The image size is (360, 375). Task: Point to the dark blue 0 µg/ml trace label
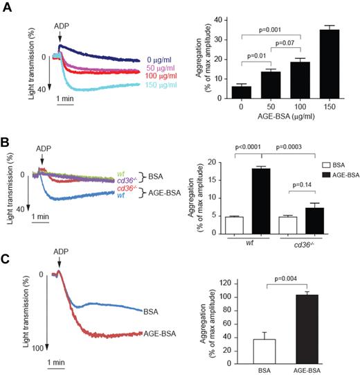[x=160, y=60]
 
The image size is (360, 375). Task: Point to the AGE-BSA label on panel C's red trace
[x=159, y=333]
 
